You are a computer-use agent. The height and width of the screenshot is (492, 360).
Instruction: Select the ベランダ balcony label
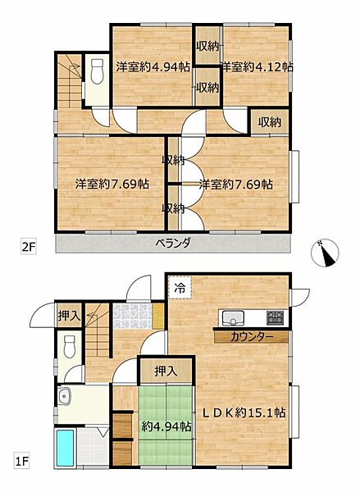pyautogui.click(x=173, y=243)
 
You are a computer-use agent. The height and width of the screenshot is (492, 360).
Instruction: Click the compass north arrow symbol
pyautogui.click(x=326, y=255)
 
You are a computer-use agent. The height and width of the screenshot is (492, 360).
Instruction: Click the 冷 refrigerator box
pyautogui.click(x=180, y=289)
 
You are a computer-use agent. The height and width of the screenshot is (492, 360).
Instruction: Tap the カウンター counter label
pyautogui.click(x=250, y=336)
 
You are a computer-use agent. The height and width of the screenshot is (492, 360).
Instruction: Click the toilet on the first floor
pyautogui.click(x=70, y=344)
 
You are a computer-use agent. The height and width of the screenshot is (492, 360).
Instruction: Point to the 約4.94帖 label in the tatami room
pyautogui.click(x=166, y=427)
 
